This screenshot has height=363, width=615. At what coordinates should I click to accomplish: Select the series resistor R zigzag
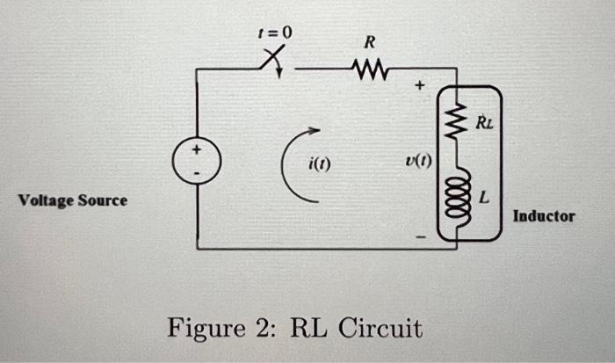tap(369, 68)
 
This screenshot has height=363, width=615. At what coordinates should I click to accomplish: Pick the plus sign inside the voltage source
tap(197, 151)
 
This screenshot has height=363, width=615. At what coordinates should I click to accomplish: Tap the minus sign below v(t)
tap(419, 236)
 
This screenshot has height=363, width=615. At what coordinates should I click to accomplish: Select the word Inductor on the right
tap(544, 215)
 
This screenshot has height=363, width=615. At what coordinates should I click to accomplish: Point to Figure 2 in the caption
tap(223, 329)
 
